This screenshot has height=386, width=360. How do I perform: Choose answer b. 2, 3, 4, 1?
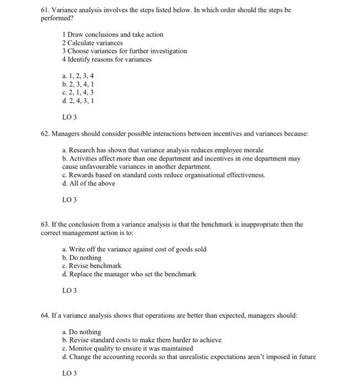(x=78, y=84)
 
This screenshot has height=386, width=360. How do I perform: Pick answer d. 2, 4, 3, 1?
(x=78, y=101)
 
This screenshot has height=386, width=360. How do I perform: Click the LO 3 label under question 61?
(x=70, y=116)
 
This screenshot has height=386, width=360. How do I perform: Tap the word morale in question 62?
(x=254, y=150)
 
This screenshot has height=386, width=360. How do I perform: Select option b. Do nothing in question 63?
(x=82, y=258)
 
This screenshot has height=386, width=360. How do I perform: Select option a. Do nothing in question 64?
(x=82, y=332)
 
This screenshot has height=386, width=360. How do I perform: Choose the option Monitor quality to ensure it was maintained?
(x=128, y=349)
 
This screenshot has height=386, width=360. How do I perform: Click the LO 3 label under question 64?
(x=70, y=373)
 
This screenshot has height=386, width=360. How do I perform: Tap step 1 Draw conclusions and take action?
(x=113, y=34)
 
